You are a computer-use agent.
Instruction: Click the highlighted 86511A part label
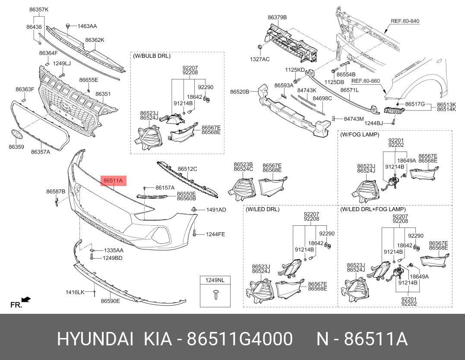(x=113, y=180)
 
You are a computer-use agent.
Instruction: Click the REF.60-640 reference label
(x=405, y=21)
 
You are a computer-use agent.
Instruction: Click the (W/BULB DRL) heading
(x=152, y=56)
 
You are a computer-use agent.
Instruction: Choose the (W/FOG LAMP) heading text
(x=360, y=134)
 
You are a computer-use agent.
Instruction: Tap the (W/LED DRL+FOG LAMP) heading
(x=373, y=209)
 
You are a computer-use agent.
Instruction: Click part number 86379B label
(x=277, y=17)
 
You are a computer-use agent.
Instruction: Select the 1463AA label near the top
(x=87, y=26)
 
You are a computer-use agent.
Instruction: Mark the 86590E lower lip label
(x=111, y=301)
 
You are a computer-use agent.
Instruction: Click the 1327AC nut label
(x=260, y=59)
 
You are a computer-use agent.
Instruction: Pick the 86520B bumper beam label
(x=240, y=92)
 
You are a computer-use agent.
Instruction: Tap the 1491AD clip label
(x=216, y=210)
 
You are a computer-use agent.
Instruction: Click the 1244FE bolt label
(x=215, y=234)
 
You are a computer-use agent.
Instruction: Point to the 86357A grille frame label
(x=41, y=152)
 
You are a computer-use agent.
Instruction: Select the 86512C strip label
(x=187, y=169)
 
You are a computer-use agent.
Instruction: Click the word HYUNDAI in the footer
(x=95, y=339)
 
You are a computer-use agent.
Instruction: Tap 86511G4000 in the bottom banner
(x=240, y=339)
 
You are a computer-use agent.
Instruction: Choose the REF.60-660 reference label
(x=366, y=81)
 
